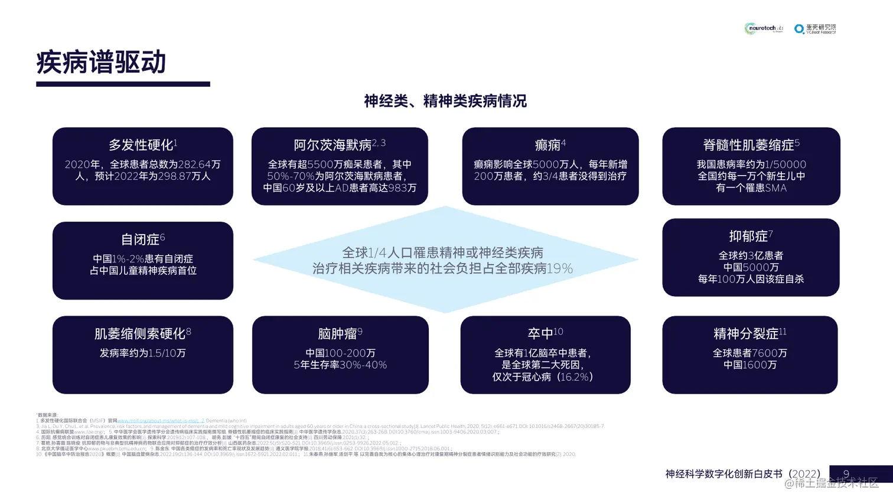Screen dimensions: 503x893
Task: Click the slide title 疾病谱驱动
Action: click(x=101, y=63)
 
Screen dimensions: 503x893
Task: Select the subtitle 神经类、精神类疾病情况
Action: click(x=445, y=101)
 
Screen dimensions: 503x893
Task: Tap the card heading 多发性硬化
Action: click(x=141, y=145)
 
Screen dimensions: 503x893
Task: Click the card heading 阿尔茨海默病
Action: click(x=333, y=145)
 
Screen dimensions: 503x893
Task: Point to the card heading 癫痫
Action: click(x=547, y=145)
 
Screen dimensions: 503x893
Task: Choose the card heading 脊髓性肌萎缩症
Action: click(x=748, y=145)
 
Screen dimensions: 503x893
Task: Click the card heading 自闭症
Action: click(x=140, y=239)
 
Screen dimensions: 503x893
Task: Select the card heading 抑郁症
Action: click(x=748, y=236)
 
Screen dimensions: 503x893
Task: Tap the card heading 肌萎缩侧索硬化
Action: click(x=140, y=334)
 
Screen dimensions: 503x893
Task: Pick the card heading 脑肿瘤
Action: click(x=337, y=334)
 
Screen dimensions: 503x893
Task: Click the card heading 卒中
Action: click(x=541, y=334)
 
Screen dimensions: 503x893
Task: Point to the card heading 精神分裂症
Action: click(x=746, y=334)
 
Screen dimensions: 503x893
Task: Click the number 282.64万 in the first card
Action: click(x=199, y=164)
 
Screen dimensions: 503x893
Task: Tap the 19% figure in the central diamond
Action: click(x=559, y=269)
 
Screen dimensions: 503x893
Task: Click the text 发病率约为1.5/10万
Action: click(x=142, y=353)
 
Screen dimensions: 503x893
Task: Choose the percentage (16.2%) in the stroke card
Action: click(x=573, y=377)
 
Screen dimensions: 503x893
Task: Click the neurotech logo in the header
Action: click(x=763, y=28)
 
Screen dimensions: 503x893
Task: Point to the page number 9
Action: click(x=846, y=474)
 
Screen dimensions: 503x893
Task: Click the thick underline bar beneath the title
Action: click(x=123, y=85)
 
